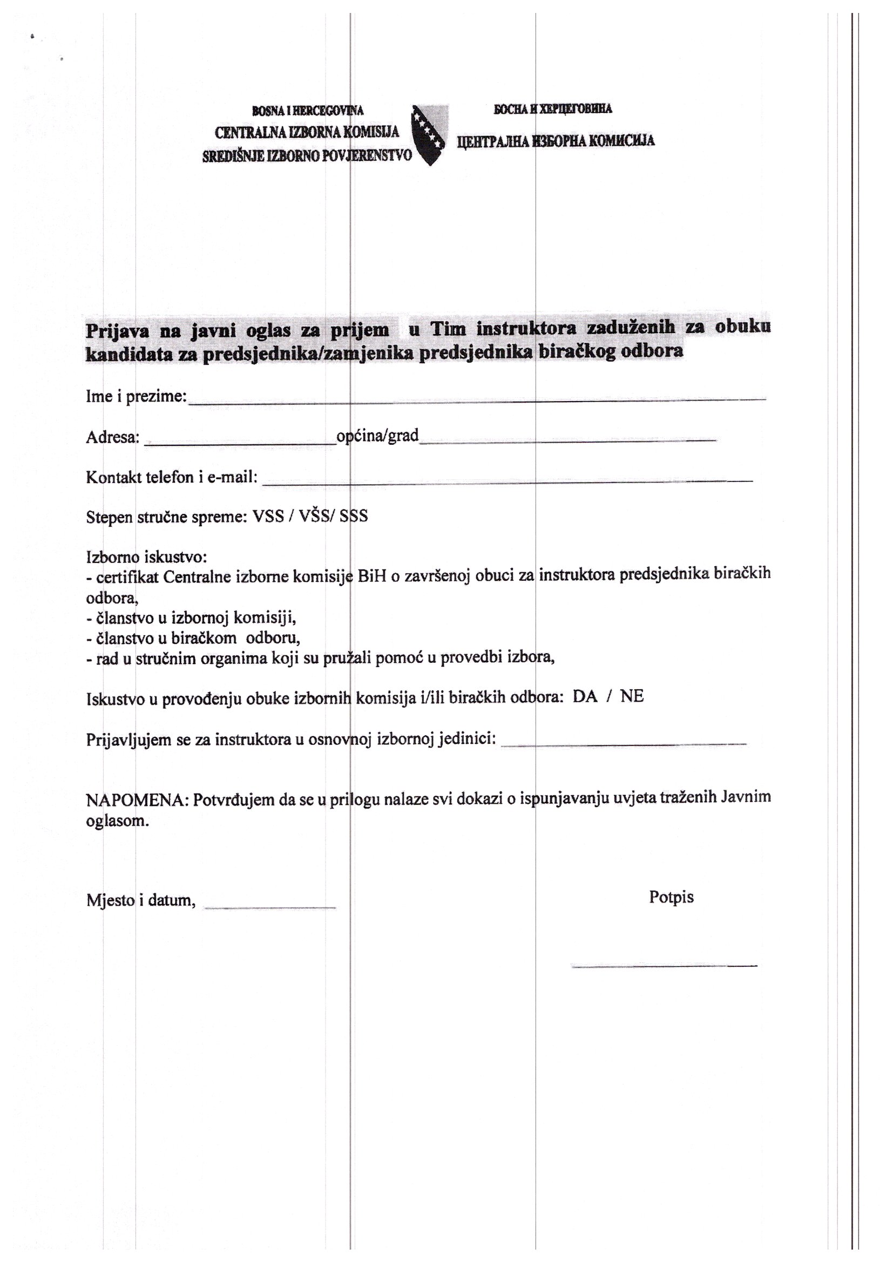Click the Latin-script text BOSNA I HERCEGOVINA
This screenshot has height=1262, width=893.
(307, 111)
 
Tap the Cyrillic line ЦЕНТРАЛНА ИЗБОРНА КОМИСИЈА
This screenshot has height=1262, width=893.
(556, 141)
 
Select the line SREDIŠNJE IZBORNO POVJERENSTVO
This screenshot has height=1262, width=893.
(307, 156)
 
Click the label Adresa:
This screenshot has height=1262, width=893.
(113, 438)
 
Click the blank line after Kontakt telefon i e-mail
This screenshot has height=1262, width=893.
(507, 482)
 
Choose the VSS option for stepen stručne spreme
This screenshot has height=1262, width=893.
(268, 517)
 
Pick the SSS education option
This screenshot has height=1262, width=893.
(354, 517)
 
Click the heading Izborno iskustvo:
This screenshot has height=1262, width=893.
(146, 557)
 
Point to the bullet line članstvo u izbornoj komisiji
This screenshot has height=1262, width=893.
(191, 619)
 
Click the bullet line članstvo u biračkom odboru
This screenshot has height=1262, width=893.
(194, 639)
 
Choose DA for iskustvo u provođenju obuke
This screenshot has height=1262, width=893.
(585, 697)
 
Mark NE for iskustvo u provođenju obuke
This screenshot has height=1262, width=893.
(631, 697)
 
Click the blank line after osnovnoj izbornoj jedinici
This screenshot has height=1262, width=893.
(624, 744)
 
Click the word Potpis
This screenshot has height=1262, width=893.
(671, 897)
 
